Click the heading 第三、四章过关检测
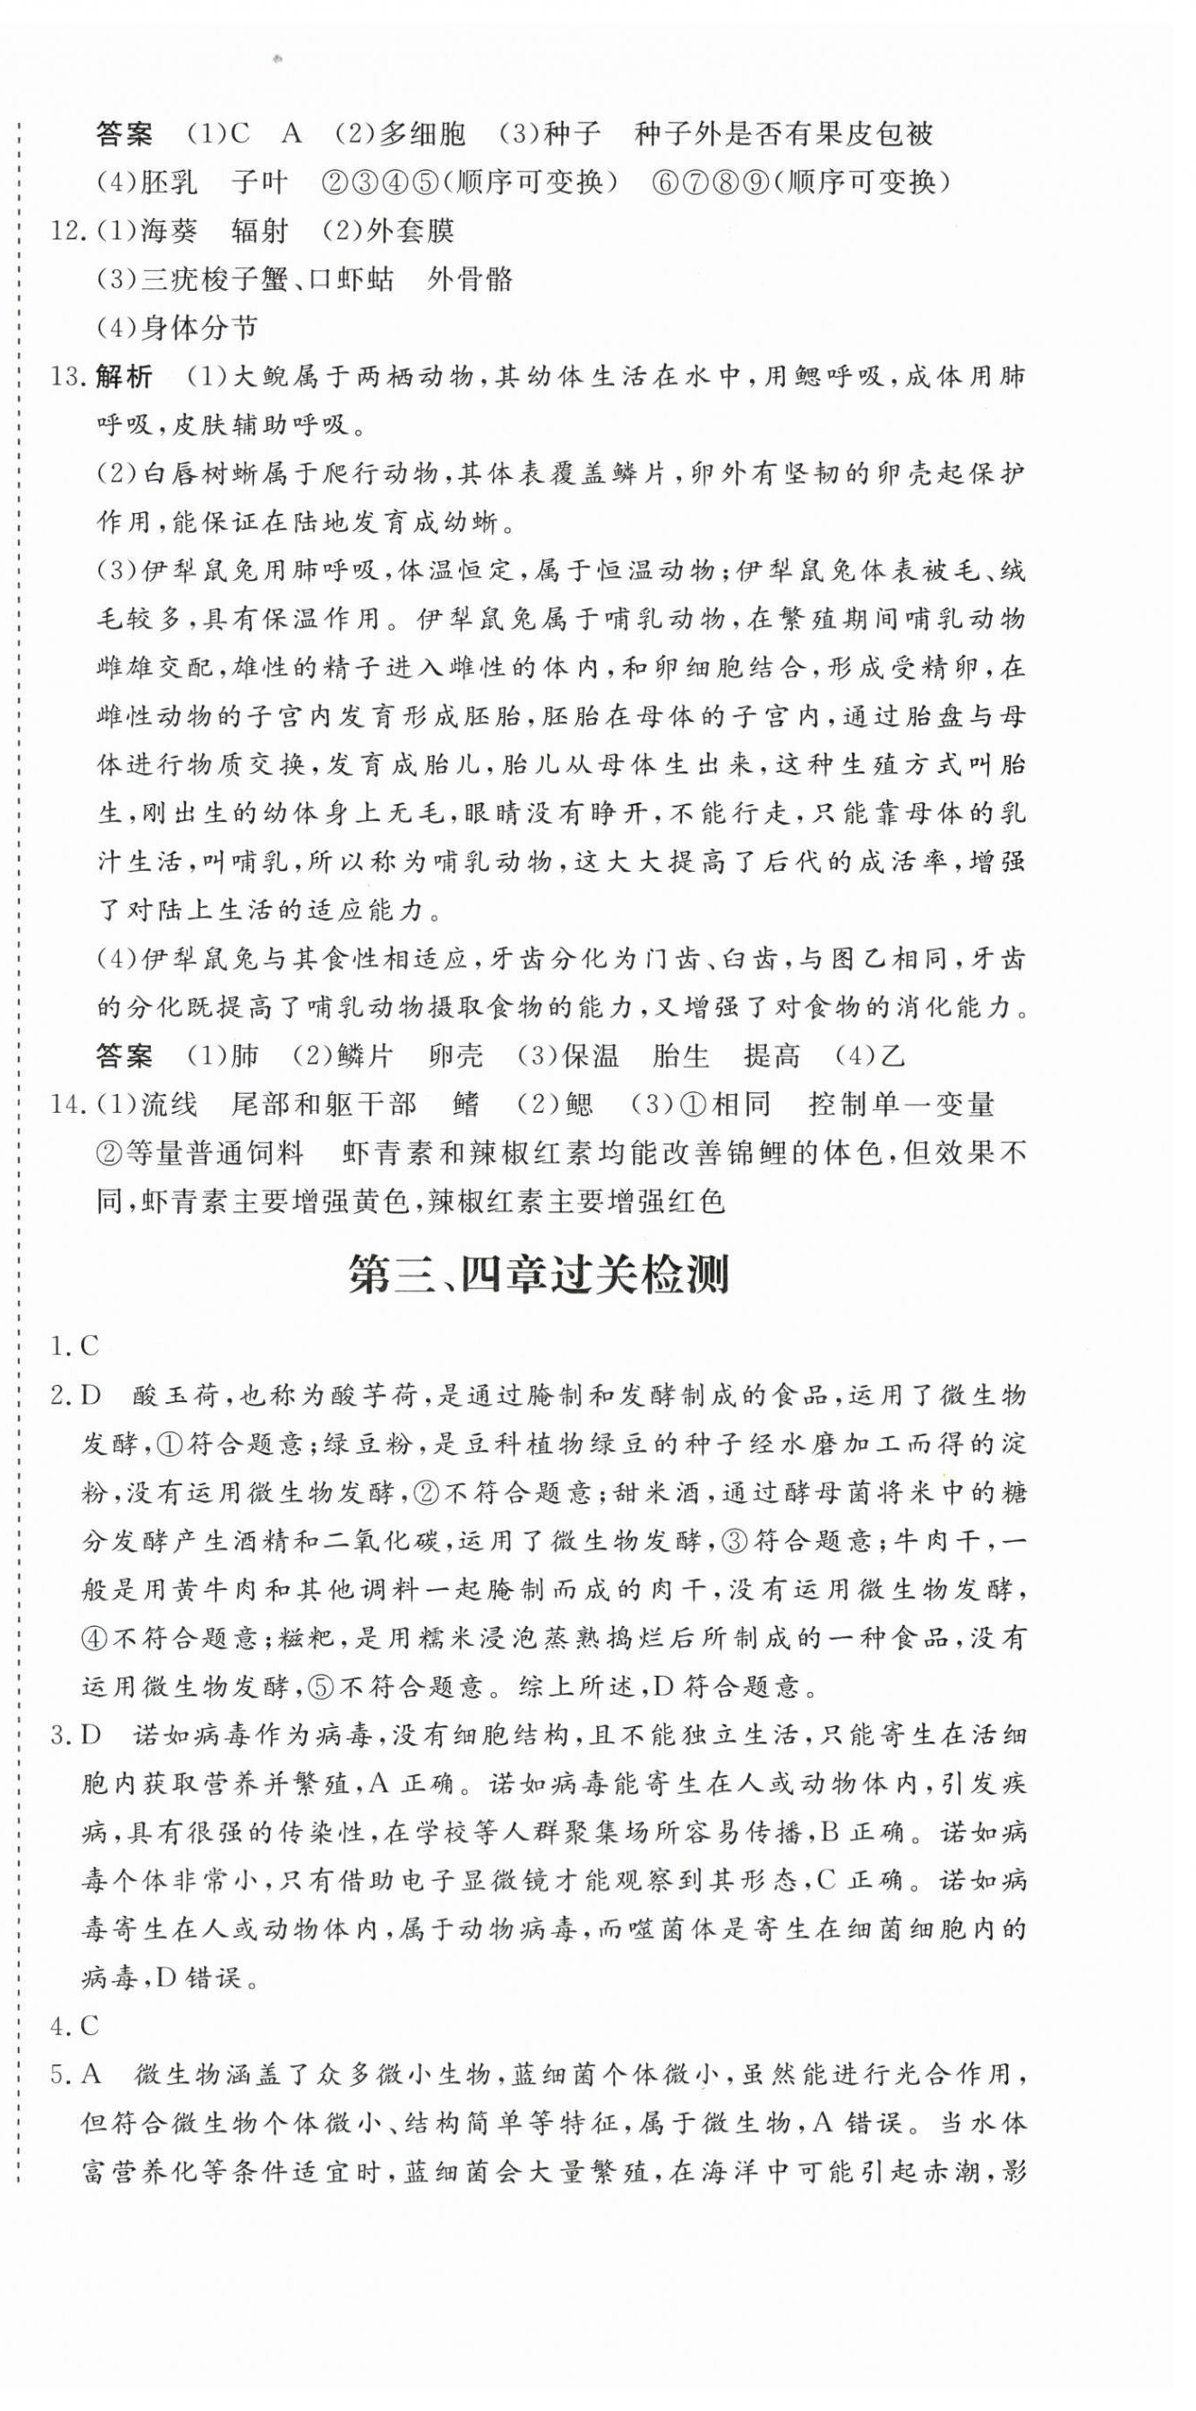click(x=538, y=1276)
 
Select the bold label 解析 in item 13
click(x=125, y=378)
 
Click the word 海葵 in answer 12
click(x=168, y=231)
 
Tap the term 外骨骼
click(x=470, y=280)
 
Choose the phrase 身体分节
click(x=200, y=329)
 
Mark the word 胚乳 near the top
click(x=170, y=182)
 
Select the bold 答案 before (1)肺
click(x=125, y=1057)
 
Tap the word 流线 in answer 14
click(x=170, y=1106)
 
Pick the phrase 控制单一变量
click(x=901, y=1106)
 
